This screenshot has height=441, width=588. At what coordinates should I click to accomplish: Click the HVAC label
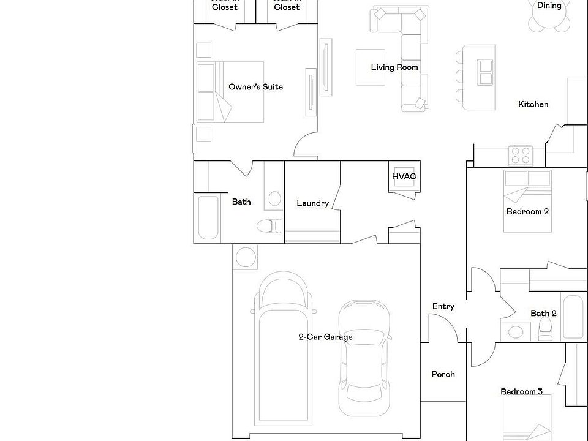pos(404,177)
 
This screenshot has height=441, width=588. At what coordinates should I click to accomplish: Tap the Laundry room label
pos(312,203)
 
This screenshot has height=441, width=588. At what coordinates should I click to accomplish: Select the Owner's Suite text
pos(255,87)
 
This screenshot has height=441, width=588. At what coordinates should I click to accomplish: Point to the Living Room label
pos(394,67)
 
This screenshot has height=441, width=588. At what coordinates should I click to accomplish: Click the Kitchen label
pos(533,104)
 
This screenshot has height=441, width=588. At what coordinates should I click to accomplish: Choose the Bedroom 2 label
pos(527,212)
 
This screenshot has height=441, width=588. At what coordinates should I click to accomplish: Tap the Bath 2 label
pos(543,314)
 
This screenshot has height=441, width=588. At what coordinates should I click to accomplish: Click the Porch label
pos(443,374)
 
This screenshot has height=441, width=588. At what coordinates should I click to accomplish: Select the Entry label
pos(443,307)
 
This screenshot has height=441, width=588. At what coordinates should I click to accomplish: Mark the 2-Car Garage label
pos(325,337)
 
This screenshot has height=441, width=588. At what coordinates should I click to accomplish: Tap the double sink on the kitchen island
pos(486,72)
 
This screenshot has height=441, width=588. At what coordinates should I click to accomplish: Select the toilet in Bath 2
pos(545,331)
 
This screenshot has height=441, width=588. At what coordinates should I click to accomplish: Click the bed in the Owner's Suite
pos(230,91)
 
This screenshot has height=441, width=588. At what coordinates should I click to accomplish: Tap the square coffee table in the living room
pos(371,67)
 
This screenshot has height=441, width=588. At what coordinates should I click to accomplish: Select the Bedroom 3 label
pos(521,392)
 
